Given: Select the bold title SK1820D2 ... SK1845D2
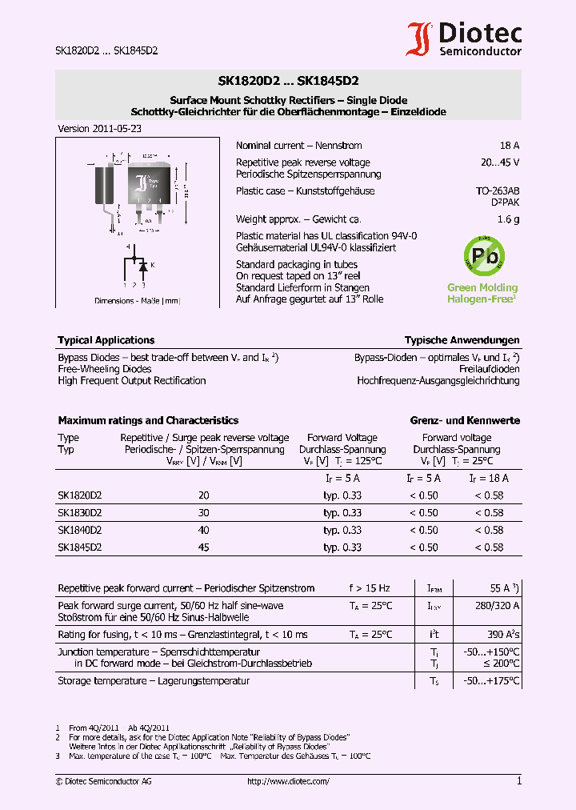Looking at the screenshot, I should point(288,81).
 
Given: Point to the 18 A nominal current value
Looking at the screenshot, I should point(509,146).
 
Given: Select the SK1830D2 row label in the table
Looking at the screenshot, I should point(79,513).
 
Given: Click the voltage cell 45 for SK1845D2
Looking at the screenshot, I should point(204,547).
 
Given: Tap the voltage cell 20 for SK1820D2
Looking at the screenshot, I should point(204,496).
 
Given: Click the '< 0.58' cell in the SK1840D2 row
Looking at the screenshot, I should point(488,531).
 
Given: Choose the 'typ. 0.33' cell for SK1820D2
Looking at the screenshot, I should point(342,496).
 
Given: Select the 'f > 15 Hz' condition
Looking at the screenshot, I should point(370,588).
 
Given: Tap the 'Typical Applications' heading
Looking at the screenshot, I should point(106,340).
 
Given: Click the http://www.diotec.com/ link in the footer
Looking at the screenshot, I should point(288,781).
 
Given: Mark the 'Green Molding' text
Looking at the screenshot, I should point(482,287).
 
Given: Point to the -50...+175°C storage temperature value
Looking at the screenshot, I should point(492,681).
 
